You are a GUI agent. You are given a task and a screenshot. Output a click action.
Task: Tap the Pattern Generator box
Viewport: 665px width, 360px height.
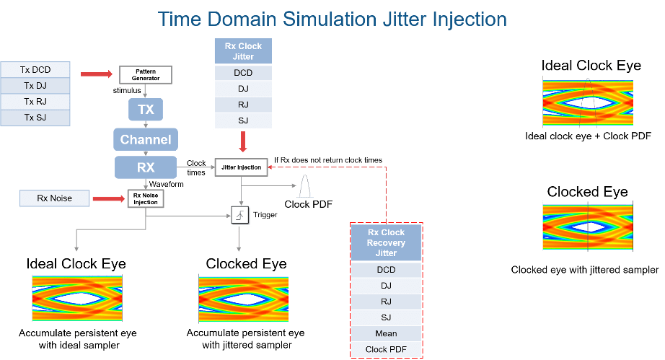coord(145,74)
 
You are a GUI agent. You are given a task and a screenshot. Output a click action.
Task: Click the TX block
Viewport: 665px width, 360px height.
coord(146,110)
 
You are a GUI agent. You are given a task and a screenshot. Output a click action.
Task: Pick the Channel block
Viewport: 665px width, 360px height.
coord(146,139)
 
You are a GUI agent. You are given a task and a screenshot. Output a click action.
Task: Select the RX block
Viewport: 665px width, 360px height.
coord(146,167)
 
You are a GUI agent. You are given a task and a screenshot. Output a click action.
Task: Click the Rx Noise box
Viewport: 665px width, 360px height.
coord(55,198)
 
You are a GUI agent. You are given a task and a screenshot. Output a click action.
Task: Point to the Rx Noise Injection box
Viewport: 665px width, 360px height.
coord(146,198)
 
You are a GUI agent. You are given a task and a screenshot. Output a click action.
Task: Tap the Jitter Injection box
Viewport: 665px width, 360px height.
coord(241,167)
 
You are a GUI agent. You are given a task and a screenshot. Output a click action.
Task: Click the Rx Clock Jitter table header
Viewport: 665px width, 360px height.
coord(243,51)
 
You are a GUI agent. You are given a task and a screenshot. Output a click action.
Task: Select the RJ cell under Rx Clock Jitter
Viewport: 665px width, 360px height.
coord(243,105)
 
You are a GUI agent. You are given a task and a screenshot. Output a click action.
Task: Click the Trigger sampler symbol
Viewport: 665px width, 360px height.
coord(239,215)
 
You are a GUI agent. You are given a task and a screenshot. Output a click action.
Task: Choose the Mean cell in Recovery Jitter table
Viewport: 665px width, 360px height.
coord(386,333)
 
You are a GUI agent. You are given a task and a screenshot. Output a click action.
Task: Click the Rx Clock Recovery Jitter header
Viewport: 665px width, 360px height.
coord(386,243)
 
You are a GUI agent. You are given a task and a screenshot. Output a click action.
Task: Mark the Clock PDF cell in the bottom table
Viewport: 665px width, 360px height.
coord(386,350)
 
